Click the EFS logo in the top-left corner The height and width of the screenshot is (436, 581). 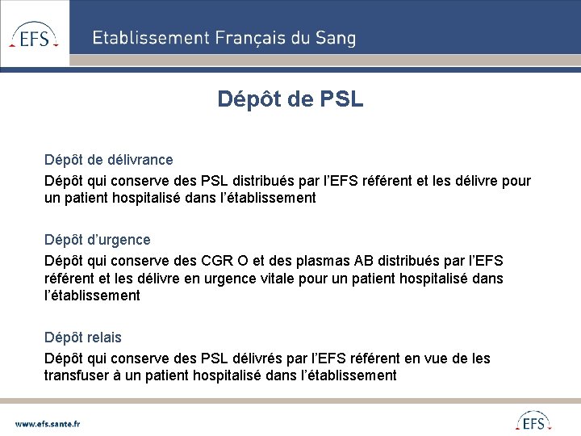click(34, 35)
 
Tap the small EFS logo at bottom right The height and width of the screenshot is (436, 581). click(533, 421)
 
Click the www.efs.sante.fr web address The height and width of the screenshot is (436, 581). click(48, 422)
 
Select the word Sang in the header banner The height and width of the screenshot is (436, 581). click(338, 38)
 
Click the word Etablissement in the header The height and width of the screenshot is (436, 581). click(150, 38)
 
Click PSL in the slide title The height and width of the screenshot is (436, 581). click(341, 99)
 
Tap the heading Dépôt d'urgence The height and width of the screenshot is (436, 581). click(97, 240)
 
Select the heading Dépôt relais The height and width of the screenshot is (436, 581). click(83, 337)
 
